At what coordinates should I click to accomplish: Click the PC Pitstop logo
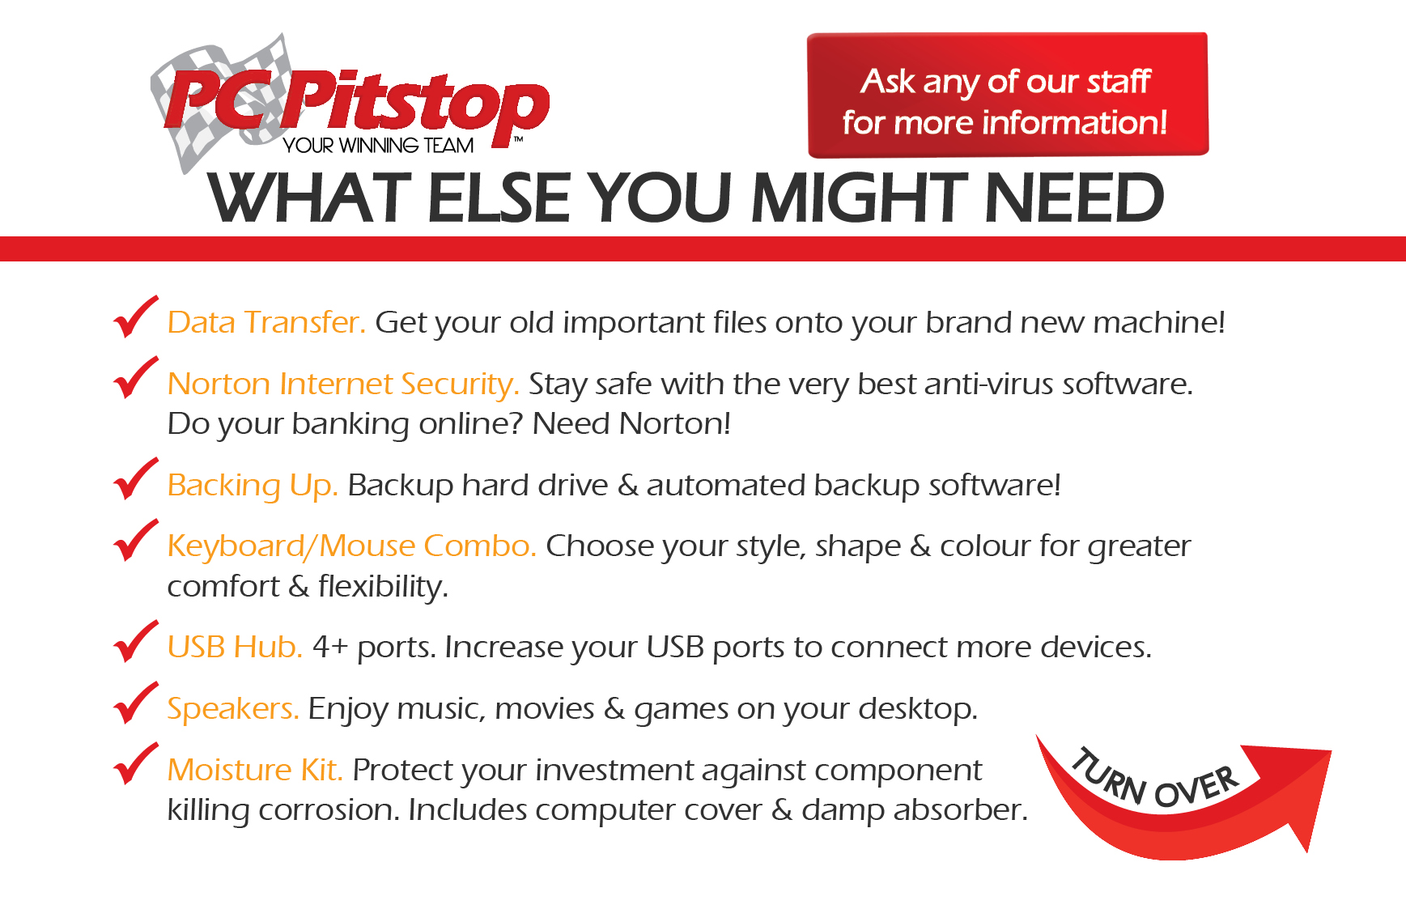(350, 104)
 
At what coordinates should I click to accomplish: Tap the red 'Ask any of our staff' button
(1008, 95)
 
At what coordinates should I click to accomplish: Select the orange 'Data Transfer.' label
(266, 322)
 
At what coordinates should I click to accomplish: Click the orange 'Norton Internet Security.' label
(343, 384)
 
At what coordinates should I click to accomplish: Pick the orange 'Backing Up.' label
(253, 486)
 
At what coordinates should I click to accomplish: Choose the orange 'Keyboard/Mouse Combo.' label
(352, 546)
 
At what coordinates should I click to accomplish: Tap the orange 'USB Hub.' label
(235, 647)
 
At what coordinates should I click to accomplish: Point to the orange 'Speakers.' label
(233, 709)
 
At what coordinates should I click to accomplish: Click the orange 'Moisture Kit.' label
(255, 770)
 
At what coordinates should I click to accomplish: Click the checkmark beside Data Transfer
(135, 316)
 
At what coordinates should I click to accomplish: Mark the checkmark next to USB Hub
(135, 641)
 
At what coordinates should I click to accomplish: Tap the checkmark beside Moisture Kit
(135, 763)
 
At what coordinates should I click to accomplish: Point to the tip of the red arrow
(1306, 852)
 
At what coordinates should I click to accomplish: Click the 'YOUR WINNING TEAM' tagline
(378, 146)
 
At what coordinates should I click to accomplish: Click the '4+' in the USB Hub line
(330, 648)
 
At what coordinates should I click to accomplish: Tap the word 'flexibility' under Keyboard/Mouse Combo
(383, 587)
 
